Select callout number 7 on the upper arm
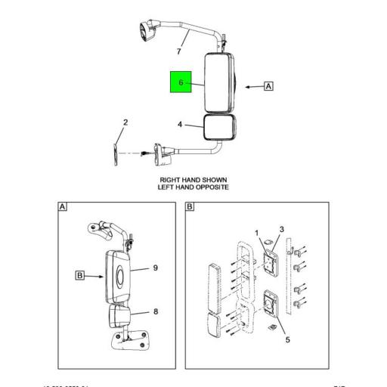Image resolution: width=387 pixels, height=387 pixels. coord(178,51)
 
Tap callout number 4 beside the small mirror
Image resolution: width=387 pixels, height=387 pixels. coord(180,124)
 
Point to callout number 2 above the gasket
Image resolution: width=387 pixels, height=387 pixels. coord(125,122)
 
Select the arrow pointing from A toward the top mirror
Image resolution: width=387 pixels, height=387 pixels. coord(252,87)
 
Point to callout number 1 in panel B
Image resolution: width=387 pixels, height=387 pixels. coord(257,233)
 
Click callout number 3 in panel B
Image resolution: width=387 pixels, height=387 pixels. coord(281,230)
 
